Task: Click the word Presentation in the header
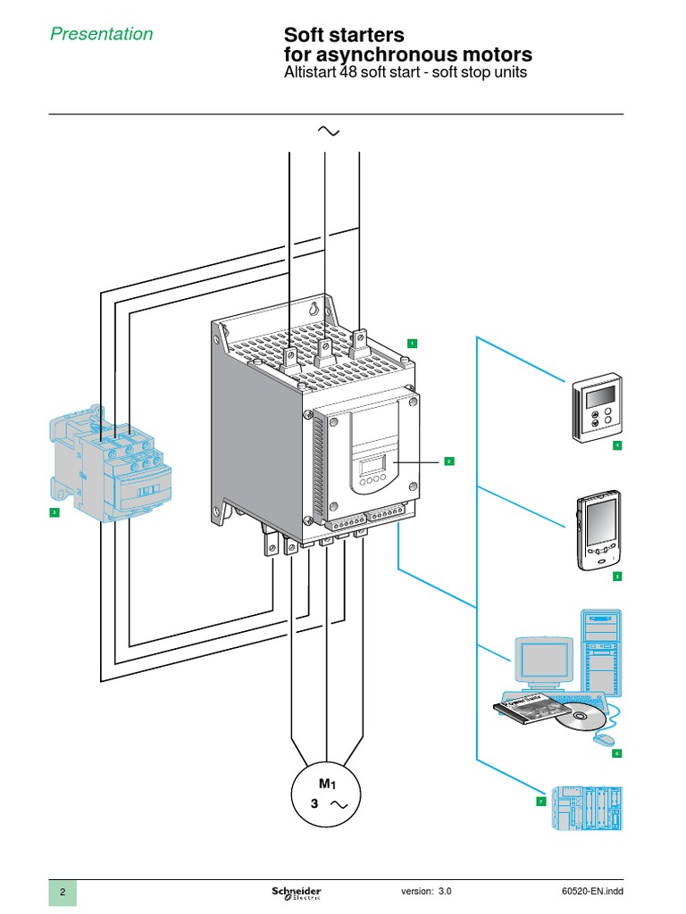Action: (x=100, y=34)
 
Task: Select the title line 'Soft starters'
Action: (x=344, y=35)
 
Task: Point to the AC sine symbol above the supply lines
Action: (x=328, y=131)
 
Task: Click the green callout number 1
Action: (x=412, y=343)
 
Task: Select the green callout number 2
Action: (x=448, y=461)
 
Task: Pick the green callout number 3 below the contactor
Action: (x=54, y=512)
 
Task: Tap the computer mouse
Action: (x=604, y=740)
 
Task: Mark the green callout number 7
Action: (x=540, y=802)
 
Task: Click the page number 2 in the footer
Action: (x=63, y=893)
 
